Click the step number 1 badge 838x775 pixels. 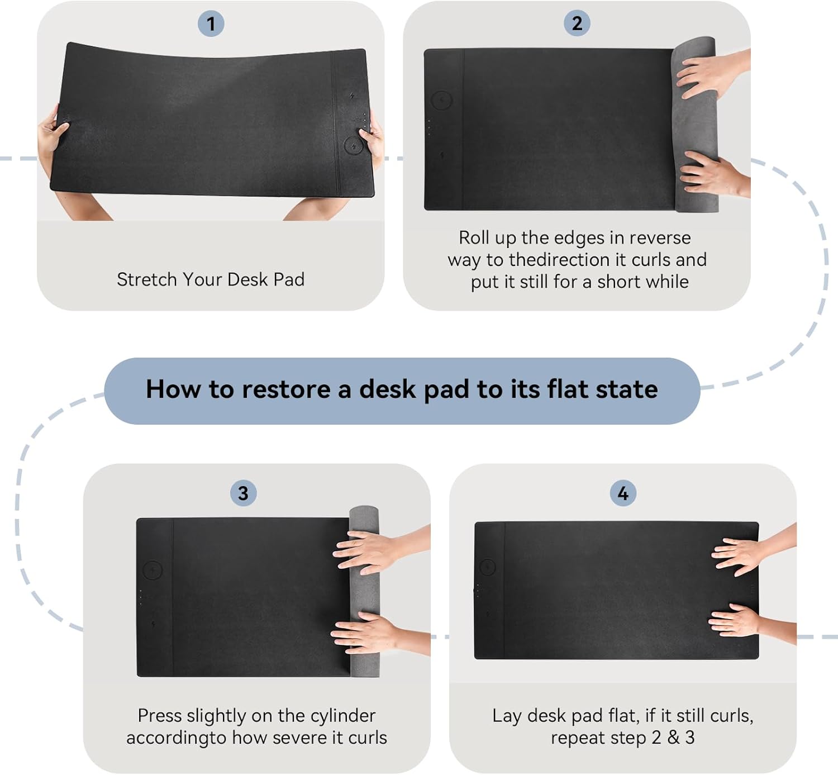coord(211,23)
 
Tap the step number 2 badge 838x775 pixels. coord(577,23)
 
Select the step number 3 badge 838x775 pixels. coord(243,493)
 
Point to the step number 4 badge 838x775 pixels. coord(622,493)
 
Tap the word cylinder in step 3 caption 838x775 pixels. coord(342,716)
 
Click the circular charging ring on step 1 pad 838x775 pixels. coord(353,146)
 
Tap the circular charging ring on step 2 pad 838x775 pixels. coord(441,101)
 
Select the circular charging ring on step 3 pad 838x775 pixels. coord(153,570)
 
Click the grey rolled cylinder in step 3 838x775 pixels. coord(364,592)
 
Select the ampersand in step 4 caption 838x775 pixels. coord(673,738)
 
